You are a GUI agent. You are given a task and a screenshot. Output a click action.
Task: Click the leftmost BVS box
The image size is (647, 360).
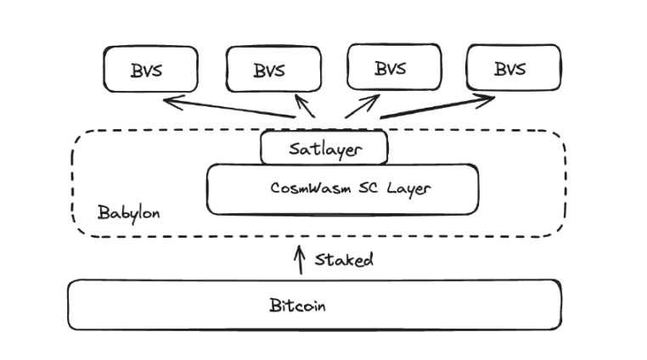point(150,69)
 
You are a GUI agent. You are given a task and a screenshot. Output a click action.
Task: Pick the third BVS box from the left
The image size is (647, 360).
point(394,67)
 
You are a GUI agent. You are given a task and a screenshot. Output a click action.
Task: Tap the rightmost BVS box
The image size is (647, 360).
point(514,67)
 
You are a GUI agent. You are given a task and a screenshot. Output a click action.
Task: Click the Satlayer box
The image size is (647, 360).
point(324,149)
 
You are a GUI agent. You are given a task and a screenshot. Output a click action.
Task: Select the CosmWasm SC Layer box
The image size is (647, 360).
point(342,188)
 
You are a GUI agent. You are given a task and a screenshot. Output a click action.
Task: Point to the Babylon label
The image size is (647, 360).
point(128,211)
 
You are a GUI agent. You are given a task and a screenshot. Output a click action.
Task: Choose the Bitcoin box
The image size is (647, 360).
point(314,305)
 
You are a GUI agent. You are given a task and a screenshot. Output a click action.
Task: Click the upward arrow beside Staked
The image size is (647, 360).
point(299,260)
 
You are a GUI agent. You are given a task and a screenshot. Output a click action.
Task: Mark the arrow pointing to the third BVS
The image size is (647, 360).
point(360,106)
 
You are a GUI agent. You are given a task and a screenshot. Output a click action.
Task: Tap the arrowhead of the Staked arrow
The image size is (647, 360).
point(299,249)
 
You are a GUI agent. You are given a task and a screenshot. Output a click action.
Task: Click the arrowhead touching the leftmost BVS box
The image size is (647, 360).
point(168,101)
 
